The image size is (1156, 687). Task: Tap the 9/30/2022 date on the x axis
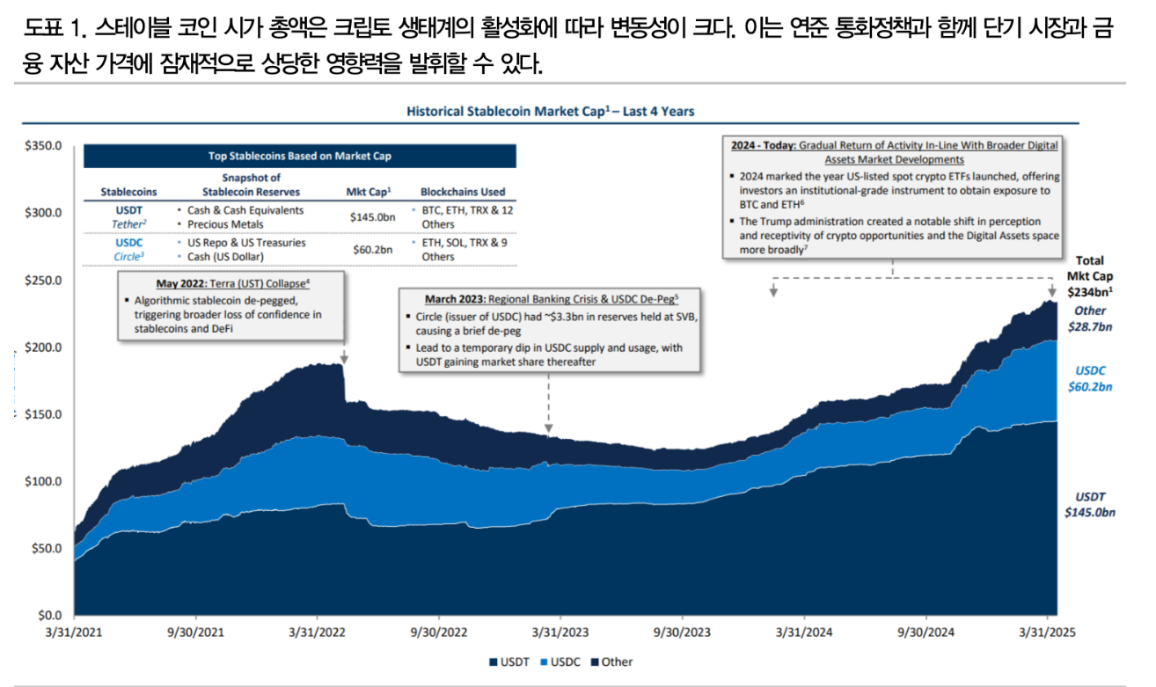pyautogui.click(x=438, y=632)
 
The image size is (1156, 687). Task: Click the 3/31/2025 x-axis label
pyautogui.click(x=1047, y=632)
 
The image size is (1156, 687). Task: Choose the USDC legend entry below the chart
pyautogui.click(x=562, y=661)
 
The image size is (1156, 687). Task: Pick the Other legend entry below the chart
pyautogui.click(x=617, y=661)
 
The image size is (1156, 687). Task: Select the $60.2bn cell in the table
pyautogui.click(x=371, y=250)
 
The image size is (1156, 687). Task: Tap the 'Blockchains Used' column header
pyautogui.click(x=463, y=192)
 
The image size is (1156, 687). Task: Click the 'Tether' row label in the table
pyautogui.click(x=128, y=224)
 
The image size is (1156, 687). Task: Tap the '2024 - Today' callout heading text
pyautogui.click(x=762, y=143)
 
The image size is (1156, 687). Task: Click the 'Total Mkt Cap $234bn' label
pyautogui.click(x=1088, y=276)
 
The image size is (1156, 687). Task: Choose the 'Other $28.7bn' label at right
pyautogui.click(x=1089, y=318)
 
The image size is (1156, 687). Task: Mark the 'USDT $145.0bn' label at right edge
pyautogui.click(x=1089, y=504)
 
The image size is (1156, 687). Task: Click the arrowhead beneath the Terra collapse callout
pyautogui.click(x=344, y=358)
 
